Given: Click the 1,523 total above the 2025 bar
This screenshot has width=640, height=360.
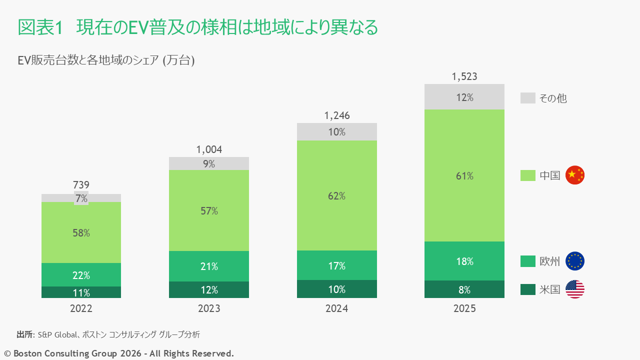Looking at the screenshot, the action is coord(464,76).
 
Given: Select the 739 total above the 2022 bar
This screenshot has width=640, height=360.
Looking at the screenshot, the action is coord(81,185).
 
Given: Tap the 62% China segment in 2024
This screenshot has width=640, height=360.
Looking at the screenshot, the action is coord(337,195).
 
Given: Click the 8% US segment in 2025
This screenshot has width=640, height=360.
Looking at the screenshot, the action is coord(464,289).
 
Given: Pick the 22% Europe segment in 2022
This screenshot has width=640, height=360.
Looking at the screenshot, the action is coord(81,275).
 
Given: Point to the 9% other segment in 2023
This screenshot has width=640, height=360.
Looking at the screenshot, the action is coord(209,163).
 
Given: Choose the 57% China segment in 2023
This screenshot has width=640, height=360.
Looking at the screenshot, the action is coord(209,210).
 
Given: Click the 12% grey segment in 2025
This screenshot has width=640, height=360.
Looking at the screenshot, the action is coord(464,97).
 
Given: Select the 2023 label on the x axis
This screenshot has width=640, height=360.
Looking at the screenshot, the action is coord(209,308).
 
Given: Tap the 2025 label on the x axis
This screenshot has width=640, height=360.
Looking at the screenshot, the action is coord(464,308).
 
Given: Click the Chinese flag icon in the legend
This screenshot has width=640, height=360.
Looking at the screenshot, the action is coord(575,175).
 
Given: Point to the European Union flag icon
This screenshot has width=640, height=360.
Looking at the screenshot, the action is coord(575,261).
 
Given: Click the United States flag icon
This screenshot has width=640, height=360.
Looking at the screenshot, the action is coord(575,289).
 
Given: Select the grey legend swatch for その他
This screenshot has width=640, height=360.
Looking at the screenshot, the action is coord(527,98).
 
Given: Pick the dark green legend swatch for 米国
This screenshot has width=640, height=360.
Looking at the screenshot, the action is coord(527,289).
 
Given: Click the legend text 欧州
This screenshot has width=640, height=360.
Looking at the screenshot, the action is coord(549,261).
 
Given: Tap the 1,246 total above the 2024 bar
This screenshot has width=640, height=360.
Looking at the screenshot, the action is coord(337,115).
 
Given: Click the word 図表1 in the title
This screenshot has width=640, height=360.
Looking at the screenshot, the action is coord(40,27).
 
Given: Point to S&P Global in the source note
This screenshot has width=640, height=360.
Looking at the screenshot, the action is coord(57,334).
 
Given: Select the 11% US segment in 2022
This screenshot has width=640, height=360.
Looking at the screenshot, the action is coord(81,292).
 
